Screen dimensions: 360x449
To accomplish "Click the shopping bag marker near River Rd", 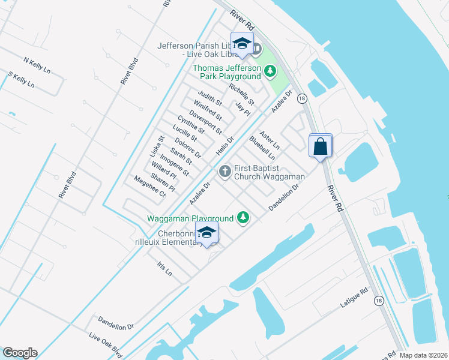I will click(321, 146).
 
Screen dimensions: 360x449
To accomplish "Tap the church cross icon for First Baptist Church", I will click(225, 172).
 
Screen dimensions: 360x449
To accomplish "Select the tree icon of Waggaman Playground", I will click(243, 217).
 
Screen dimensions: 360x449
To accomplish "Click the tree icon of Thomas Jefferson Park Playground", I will click(270, 72).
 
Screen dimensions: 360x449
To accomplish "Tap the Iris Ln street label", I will click(164, 268).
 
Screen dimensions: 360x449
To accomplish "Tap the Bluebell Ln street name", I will click(262, 148).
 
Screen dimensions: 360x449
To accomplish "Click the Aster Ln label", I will click(270, 139).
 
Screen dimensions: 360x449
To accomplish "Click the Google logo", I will click(20, 353).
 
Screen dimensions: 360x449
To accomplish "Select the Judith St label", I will click(210, 98).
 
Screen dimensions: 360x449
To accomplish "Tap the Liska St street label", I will click(157, 145).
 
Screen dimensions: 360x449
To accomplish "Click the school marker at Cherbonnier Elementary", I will click(206, 233).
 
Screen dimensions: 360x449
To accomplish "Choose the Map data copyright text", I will click(423, 355).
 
